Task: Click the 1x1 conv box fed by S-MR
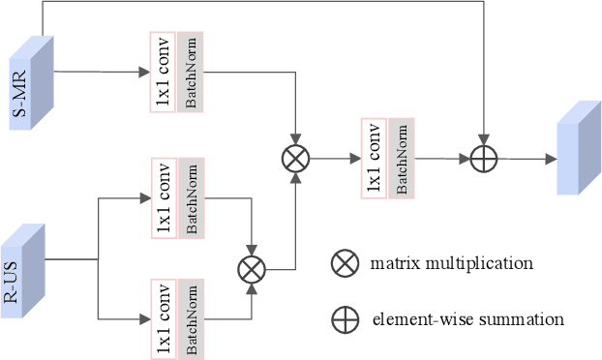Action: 162,72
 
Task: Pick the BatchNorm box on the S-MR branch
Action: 190,72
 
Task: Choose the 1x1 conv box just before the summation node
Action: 373,159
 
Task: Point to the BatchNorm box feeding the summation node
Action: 401,159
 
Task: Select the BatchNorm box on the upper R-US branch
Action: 191,197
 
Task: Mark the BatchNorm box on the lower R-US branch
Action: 191,318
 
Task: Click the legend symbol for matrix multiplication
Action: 344,263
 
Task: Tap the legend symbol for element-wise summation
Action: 344,319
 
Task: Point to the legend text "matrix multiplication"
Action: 450,263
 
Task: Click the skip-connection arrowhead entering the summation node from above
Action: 483,142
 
